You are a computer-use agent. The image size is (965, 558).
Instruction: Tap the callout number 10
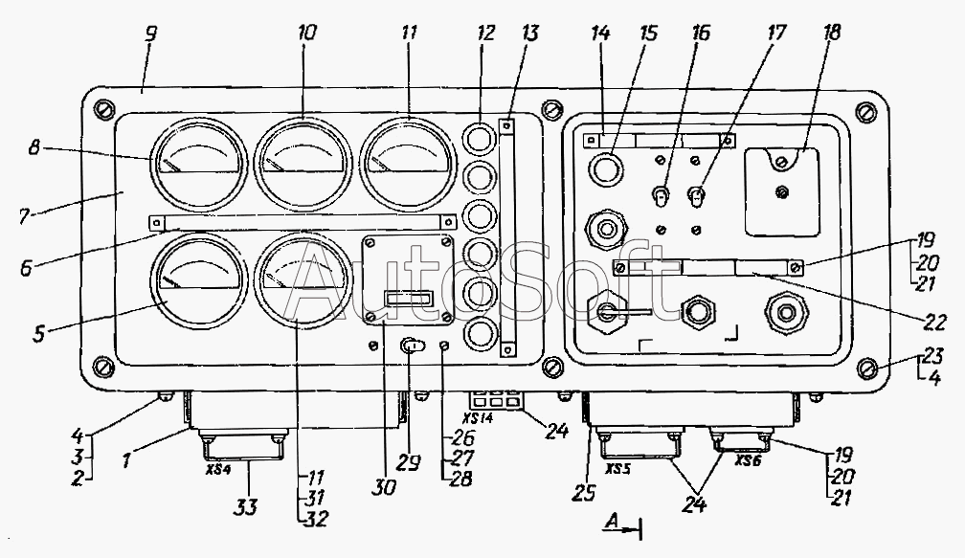click(x=306, y=33)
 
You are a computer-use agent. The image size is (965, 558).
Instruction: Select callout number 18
click(x=831, y=32)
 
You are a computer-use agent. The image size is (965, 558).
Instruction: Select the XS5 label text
click(x=617, y=469)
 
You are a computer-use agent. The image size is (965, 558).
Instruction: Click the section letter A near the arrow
click(x=613, y=521)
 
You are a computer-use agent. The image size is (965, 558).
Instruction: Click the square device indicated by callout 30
click(x=409, y=279)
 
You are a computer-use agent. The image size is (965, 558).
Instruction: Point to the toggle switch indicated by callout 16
click(x=661, y=197)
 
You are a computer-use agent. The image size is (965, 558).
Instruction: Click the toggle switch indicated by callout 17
click(x=696, y=197)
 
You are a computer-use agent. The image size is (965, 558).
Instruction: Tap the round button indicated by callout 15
click(x=606, y=168)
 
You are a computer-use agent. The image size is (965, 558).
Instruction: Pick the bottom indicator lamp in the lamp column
click(x=480, y=333)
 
